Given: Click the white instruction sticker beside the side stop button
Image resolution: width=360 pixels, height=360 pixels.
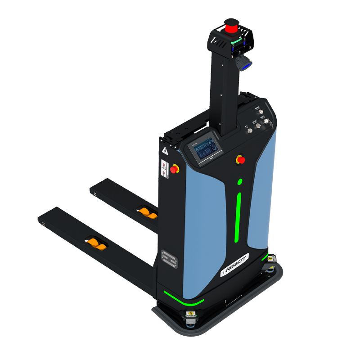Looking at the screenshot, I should (165, 167).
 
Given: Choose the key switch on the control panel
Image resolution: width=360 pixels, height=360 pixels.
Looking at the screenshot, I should (268, 122).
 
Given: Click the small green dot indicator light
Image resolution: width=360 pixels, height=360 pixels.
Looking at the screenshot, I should (240, 182).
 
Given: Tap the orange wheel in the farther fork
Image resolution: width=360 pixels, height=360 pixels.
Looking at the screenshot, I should (146, 211).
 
